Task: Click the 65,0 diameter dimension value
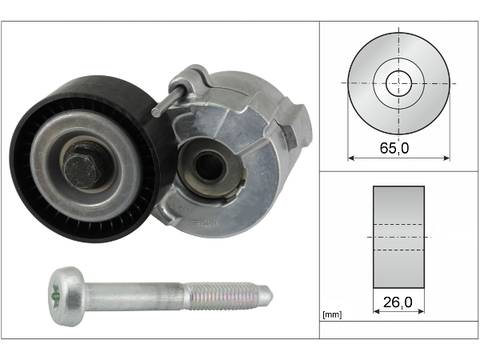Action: (394, 147)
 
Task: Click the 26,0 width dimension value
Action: (398, 302)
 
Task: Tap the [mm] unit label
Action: (332, 314)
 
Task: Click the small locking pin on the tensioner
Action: (167, 99)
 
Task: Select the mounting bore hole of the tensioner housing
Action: (209, 166)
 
